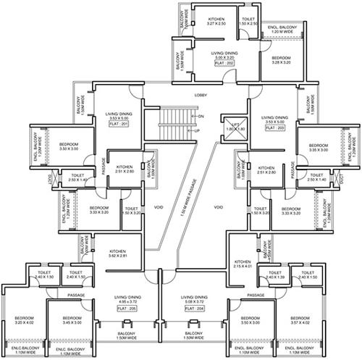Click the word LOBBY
201,95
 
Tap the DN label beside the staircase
201,117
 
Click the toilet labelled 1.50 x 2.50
248,22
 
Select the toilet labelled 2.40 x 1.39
274,275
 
